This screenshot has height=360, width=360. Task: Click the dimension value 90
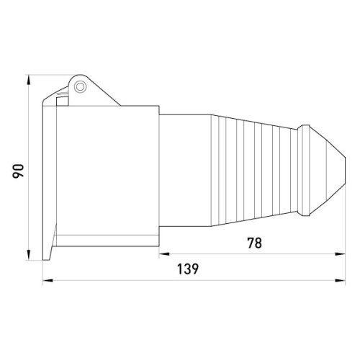click(18, 171)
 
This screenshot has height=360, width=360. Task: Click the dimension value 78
click(255, 243)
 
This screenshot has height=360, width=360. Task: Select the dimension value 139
click(188, 269)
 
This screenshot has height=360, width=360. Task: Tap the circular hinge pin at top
click(80, 86)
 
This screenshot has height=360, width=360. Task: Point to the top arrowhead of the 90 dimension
click(29, 79)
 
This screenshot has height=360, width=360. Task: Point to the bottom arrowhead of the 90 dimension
click(29, 255)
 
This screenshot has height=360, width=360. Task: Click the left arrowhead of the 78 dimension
click(164, 253)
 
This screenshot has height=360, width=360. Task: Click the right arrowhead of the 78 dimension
click(341, 253)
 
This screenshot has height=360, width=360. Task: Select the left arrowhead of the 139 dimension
click(48, 280)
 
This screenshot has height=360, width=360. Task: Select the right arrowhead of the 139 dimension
click(341, 280)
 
